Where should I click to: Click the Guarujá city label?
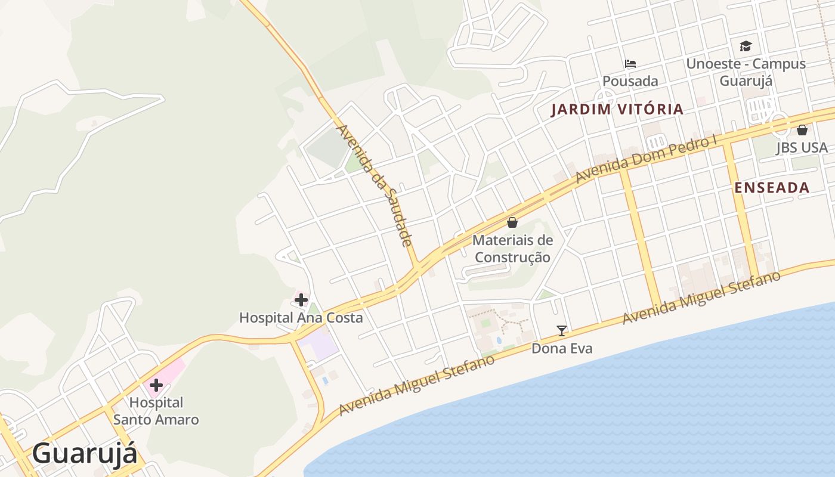[85, 454]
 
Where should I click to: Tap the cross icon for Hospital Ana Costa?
[301, 299]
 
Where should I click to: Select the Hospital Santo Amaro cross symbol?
[156, 385]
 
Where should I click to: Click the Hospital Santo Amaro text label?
[156, 411]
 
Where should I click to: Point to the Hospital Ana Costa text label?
[301, 318]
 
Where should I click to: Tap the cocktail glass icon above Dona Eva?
[561, 330]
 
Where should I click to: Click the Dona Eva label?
[562, 348]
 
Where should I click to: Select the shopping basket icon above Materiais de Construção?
[512, 222]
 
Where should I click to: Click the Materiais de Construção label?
[512, 249]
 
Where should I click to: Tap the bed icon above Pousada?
[630, 63]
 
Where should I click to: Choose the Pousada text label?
[630, 81]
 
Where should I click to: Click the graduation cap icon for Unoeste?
[746, 46]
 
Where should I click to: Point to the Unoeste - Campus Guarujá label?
[746, 72]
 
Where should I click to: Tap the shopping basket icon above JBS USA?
[802, 130]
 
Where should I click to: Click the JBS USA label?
[802, 148]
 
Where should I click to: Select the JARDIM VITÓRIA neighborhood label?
[617, 110]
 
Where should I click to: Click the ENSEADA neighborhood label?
[772, 188]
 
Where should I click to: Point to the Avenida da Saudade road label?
[375, 185]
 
